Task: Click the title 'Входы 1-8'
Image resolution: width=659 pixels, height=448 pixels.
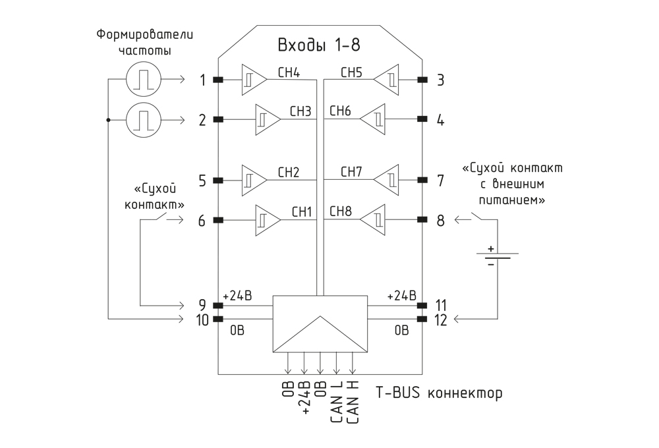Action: click(x=318, y=45)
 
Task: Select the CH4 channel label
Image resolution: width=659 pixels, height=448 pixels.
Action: click(x=289, y=72)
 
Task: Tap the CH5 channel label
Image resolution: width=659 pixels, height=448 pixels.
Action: click(x=351, y=72)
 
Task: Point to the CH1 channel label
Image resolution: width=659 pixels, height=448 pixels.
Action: click(x=302, y=212)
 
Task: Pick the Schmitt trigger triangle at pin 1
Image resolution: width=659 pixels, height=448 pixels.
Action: click(x=254, y=80)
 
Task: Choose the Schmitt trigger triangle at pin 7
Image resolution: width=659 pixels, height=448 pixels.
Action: click(x=386, y=181)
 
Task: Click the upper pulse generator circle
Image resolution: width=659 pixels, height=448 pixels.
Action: click(x=143, y=79)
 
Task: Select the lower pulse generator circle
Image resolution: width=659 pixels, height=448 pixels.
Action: click(x=143, y=119)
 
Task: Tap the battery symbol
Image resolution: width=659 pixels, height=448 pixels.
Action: click(x=497, y=256)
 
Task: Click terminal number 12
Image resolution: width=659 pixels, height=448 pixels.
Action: click(x=440, y=320)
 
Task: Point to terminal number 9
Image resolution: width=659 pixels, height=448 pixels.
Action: click(x=202, y=304)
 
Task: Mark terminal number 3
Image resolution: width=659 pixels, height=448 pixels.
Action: click(x=440, y=80)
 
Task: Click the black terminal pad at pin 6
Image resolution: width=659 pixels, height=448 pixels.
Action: click(x=218, y=220)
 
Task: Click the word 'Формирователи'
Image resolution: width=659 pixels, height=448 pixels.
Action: click(x=145, y=34)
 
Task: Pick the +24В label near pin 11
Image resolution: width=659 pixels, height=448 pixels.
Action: click(x=401, y=295)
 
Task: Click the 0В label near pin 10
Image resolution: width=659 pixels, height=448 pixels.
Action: click(x=237, y=331)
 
